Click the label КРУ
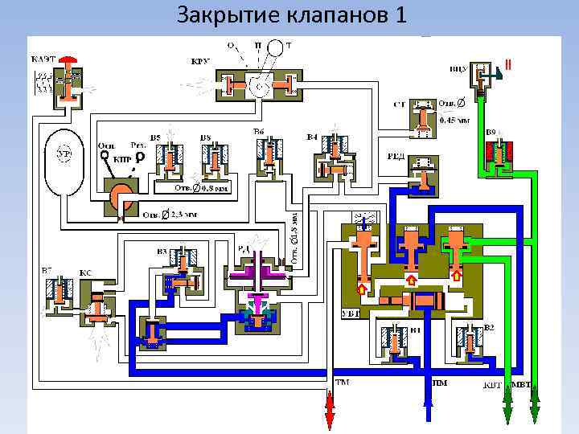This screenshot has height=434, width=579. (201, 61)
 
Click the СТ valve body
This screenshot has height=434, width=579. (422, 117)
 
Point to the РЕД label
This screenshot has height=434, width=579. (396, 158)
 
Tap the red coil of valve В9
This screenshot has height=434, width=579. (500, 150)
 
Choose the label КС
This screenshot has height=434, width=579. (84, 273)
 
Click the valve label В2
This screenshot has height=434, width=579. (490, 328)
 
